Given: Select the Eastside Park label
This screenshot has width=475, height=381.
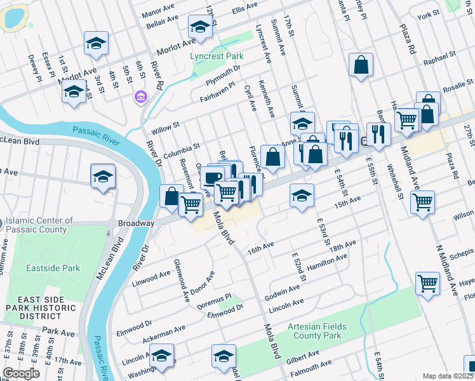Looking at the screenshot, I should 53,268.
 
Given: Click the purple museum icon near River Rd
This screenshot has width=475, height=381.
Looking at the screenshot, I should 140,97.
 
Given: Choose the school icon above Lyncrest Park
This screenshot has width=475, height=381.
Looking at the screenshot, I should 199,27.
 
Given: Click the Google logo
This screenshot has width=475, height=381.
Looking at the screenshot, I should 21,373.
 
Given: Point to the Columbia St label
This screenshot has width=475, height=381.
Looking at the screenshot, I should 181,150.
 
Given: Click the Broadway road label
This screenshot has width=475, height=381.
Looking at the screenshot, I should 136,224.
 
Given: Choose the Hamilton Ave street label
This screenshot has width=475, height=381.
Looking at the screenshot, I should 326,263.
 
